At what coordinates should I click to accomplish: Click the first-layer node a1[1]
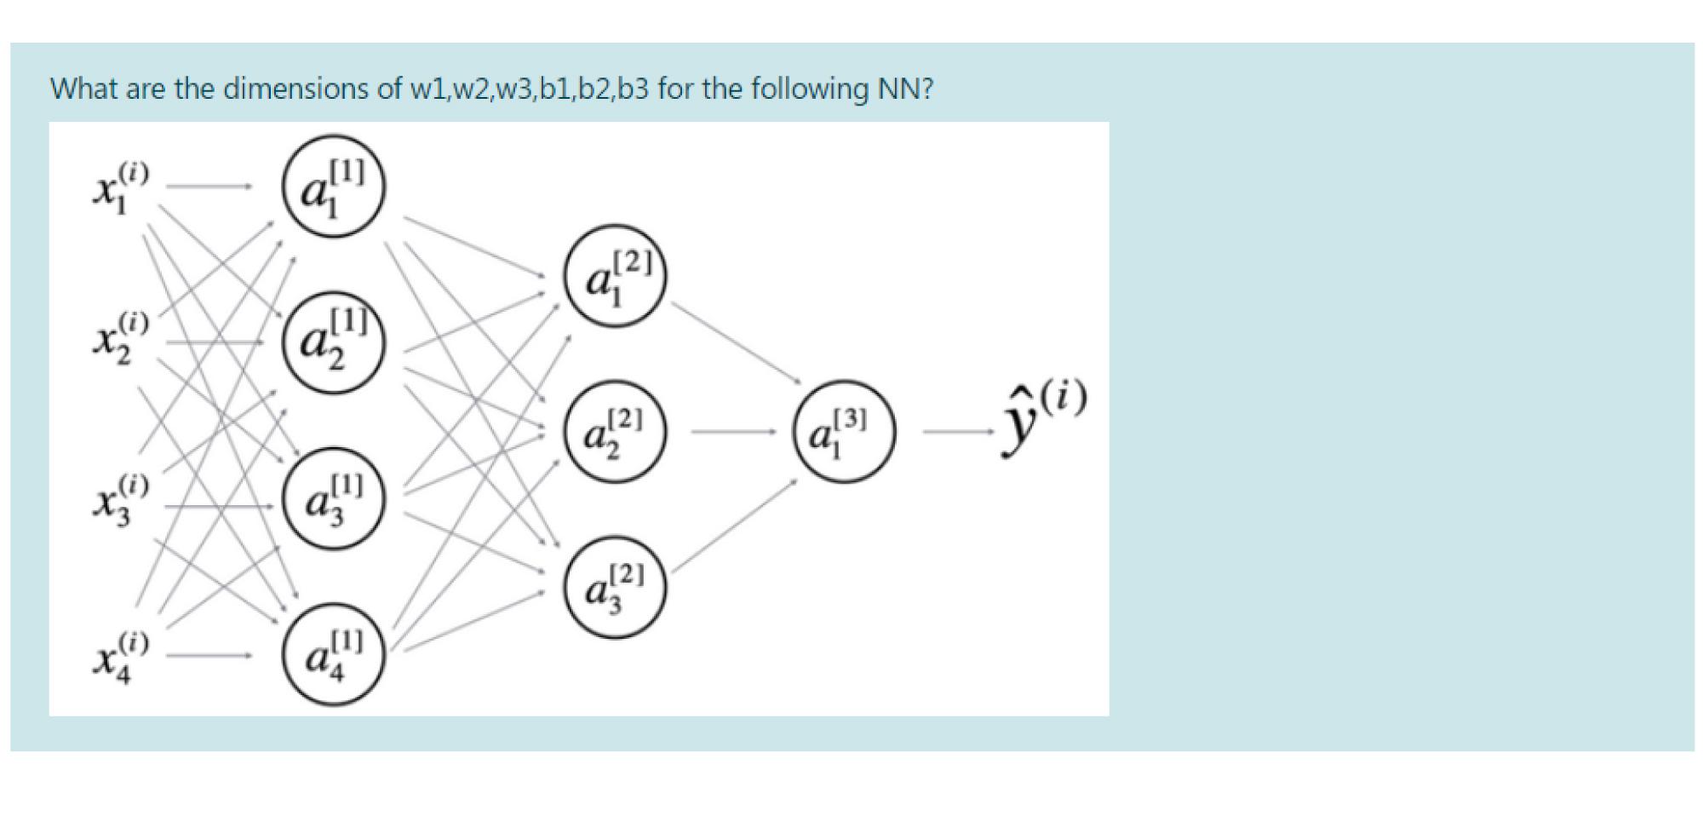click(x=334, y=185)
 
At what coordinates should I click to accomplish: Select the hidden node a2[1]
click(x=334, y=343)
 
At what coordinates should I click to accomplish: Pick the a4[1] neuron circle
click(x=334, y=654)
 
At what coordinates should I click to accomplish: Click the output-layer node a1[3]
click(x=843, y=431)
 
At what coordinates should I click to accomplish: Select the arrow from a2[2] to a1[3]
click(x=732, y=432)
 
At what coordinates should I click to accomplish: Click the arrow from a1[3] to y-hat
click(x=959, y=432)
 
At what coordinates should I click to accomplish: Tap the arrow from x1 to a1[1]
click(x=209, y=185)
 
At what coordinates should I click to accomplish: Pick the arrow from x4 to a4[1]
click(x=209, y=656)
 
